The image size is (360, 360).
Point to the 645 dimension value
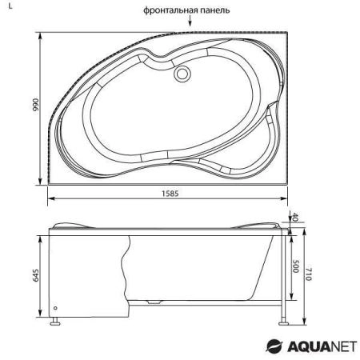[32, 277]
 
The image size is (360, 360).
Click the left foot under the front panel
[54, 324]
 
